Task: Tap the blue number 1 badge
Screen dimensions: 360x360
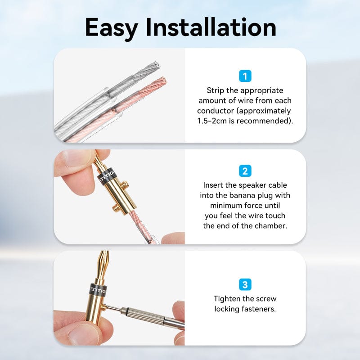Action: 245,76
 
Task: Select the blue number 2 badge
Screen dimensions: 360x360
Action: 245,171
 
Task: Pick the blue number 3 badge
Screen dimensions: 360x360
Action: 245,284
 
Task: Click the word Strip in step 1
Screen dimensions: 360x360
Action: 215,90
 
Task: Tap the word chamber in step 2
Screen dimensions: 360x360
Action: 271,226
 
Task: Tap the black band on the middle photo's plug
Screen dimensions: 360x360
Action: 106,177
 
